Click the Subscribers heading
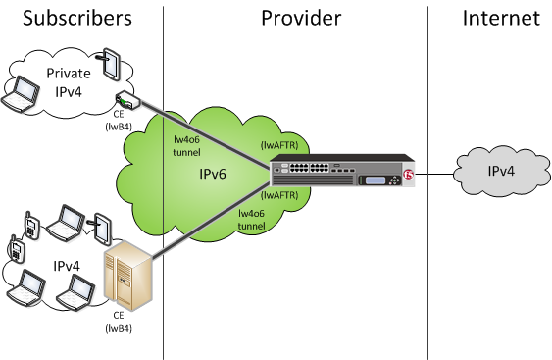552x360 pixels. [77, 18]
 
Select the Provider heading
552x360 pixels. [301, 18]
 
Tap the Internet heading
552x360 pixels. [501, 18]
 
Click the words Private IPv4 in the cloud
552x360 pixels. [69, 82]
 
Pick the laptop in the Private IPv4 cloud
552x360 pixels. [20, 94]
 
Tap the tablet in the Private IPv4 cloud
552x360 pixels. [111, 64]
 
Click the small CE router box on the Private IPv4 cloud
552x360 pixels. [128, 100]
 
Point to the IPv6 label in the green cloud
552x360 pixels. [213, 174]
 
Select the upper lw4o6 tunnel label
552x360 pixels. [186, 146]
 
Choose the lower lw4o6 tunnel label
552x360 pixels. [251, 220]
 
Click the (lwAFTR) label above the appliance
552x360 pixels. [279, 145]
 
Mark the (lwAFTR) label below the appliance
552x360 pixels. [279, 195]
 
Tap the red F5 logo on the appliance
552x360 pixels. [409, 174]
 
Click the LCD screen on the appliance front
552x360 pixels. [376, 180]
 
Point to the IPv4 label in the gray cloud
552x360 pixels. [501, 171]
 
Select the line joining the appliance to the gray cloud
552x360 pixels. [434, 174]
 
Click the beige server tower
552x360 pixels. [128, 276]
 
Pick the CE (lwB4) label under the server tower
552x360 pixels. [119, 322]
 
